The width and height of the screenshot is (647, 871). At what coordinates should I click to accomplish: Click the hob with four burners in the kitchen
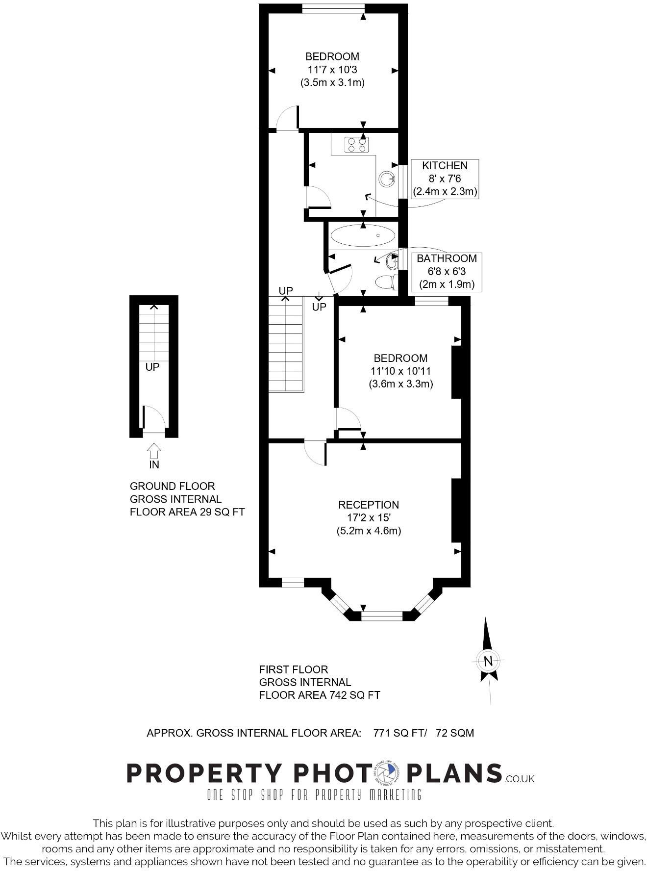[x=357, y=145]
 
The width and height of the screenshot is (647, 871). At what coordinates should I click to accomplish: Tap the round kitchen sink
[x=387, y=179]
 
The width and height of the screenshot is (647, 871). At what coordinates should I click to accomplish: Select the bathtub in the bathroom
[x=363, y=236]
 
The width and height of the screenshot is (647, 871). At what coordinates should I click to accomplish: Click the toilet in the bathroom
[x=386, y=282]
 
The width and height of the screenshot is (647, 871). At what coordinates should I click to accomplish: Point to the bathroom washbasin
[x=392, y=261]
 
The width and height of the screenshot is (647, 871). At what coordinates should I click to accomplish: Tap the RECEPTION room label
[x=369, y=505]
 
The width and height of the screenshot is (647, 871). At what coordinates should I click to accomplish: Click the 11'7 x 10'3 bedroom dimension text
[x=332, y=70]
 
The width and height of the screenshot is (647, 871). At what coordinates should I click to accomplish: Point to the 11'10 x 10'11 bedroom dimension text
[x=400, y=371]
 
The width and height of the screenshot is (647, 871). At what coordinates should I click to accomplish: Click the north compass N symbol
[x=488, y=661]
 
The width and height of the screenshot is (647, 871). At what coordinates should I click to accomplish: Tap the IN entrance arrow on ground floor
[x=154, y=451]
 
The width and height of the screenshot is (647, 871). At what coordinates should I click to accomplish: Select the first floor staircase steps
[x=286, y=343]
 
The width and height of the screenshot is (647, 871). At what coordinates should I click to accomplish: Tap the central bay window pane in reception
[x=382, y=613]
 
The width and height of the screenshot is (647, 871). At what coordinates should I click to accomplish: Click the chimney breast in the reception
[x=456, y=510]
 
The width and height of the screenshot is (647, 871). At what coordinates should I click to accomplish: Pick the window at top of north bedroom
[x=333, y=7]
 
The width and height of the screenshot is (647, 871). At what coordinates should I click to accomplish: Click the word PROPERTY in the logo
[x=205, y=773]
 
